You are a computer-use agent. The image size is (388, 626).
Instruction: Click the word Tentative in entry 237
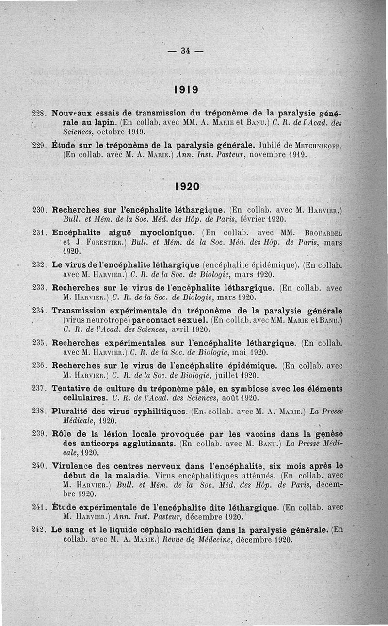(x=73, y=388)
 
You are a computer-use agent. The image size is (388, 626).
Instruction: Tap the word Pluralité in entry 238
(x=73, y=412)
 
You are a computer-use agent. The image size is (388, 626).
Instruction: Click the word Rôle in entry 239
(x=62, y=433)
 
